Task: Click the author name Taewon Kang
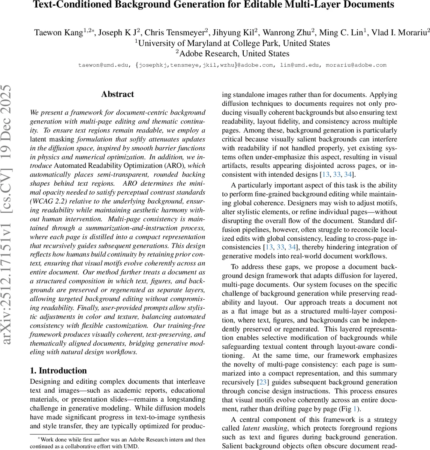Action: [58, 33]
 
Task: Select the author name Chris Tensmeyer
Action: [174, 33]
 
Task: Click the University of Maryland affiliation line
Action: [232, 43]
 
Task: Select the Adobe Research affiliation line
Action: [232, 54]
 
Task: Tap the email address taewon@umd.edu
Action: [102, 65]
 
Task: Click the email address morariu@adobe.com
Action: [356, 65]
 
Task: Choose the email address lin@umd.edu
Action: [300, 65]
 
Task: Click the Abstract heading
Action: [117, 94]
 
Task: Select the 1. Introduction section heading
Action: [58, 370]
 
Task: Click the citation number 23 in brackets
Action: [262, 382]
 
